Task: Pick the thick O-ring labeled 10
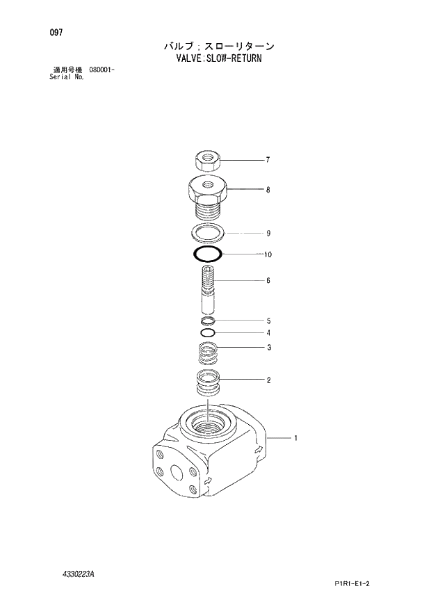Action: point(207,254)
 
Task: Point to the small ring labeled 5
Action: point(208,321)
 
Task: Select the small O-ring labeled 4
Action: point(208,332)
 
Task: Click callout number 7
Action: point(268,161)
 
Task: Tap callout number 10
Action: point(268,254)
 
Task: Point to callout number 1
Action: point(295,438)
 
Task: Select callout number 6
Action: point(268,281)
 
